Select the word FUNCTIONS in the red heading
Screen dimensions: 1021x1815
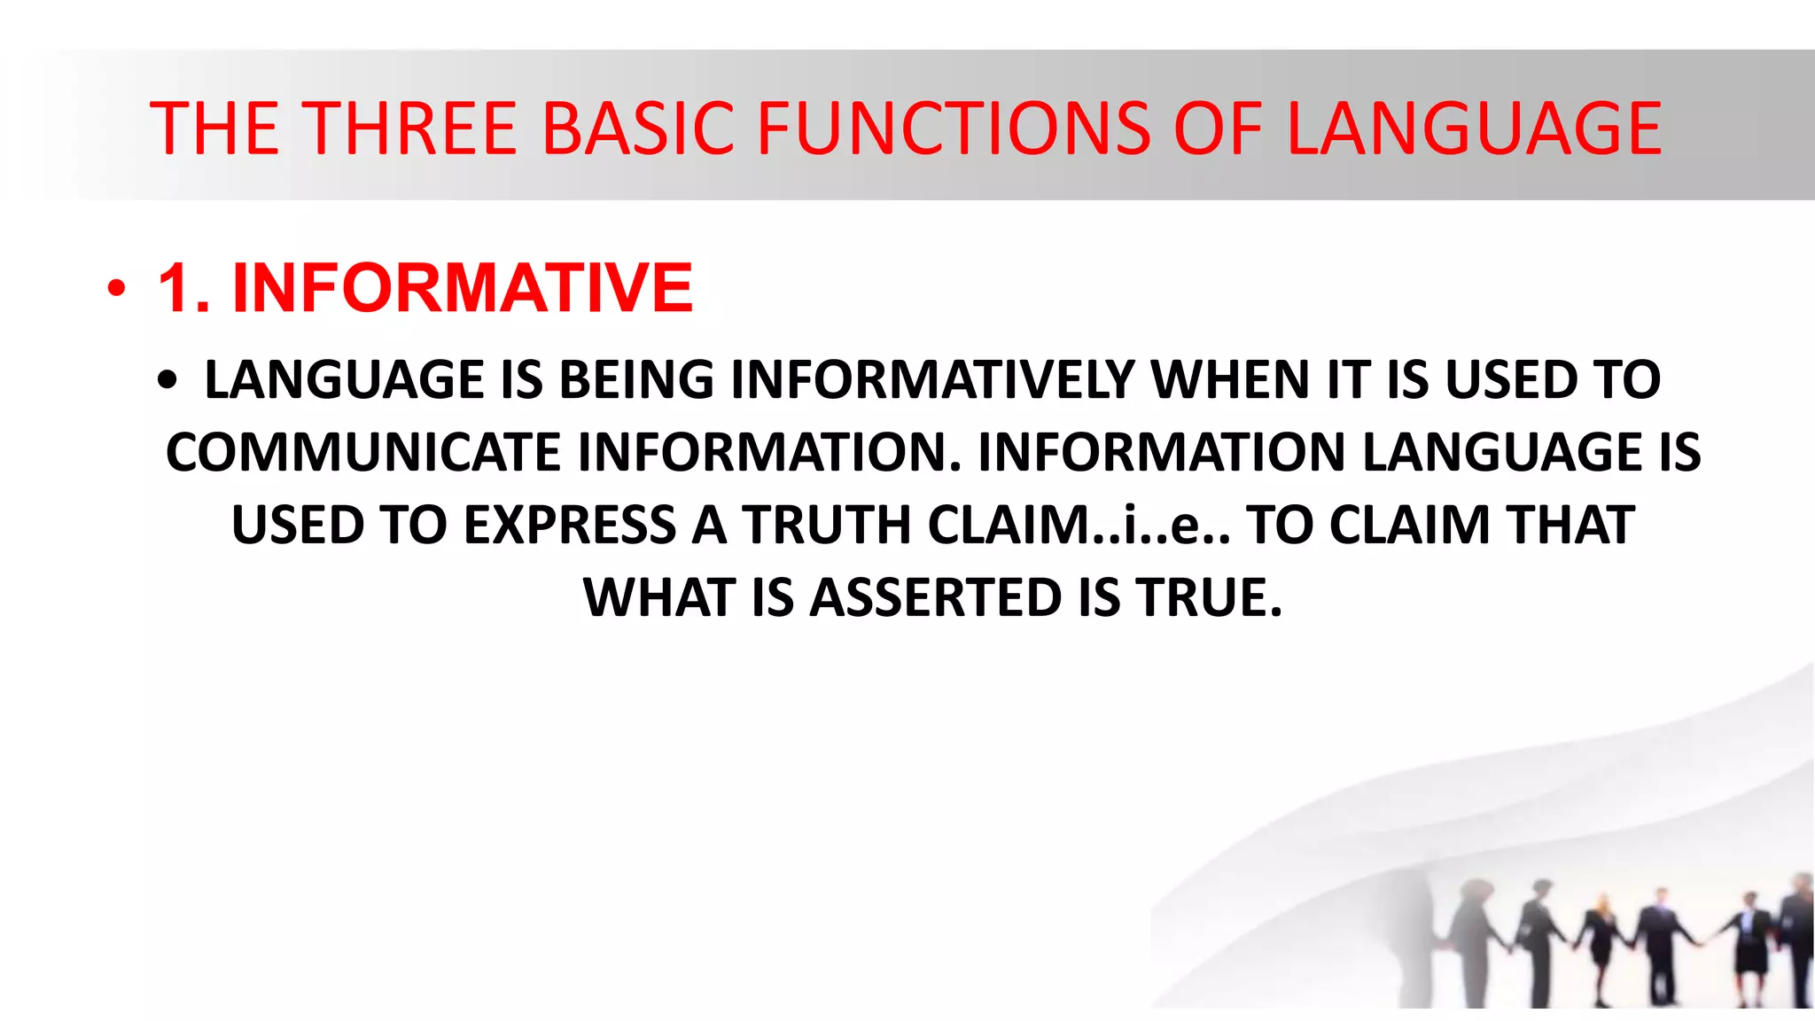pos(954,129)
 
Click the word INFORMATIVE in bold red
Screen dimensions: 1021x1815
pos(462,289)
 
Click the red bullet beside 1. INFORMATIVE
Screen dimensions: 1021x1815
pos(116,289)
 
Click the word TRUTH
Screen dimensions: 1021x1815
pos(828,526)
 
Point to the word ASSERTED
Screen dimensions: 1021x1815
pos(936,598)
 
